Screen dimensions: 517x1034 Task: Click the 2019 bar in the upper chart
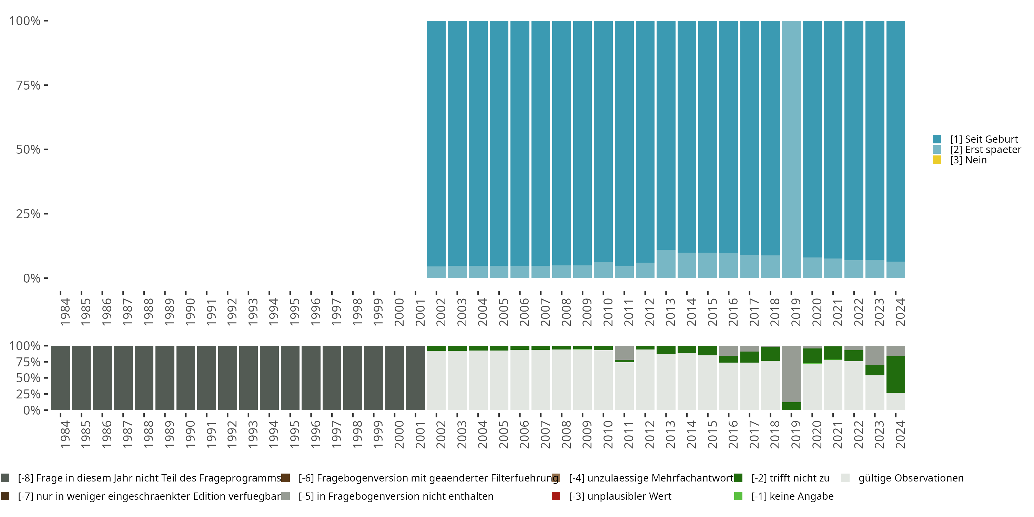tap(791, 149)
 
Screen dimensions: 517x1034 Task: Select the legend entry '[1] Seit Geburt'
tap(983, 139)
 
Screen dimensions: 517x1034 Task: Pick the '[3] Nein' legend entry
tap(968, 160)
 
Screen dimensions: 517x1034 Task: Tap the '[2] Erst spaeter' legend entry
tap(985, 150)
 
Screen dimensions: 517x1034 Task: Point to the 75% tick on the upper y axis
tap(28, 85)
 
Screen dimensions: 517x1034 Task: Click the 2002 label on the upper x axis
tap(441, 312)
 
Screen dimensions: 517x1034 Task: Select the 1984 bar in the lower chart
tap(60, 378)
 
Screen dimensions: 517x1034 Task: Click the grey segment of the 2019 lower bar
tap(791, 374)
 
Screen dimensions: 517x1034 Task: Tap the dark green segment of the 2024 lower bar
tap(895, 374)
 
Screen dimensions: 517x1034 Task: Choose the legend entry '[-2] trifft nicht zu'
tap(790, 478)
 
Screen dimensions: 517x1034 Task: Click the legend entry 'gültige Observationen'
tap(910, 478)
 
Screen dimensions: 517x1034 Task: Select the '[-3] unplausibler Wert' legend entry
tap(620, 497)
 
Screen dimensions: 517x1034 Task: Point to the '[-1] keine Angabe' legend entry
tap(792, 497)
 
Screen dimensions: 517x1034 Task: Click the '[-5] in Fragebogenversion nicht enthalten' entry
tap(395, 497)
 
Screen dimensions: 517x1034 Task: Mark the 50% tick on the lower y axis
tap(28, 378)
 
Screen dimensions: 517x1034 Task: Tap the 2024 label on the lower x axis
tap(900, 434)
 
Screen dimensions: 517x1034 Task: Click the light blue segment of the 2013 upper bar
tap(666, 264)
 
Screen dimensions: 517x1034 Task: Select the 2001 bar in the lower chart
tap(415, 378)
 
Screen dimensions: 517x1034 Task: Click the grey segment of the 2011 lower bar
tap(624, 353)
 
